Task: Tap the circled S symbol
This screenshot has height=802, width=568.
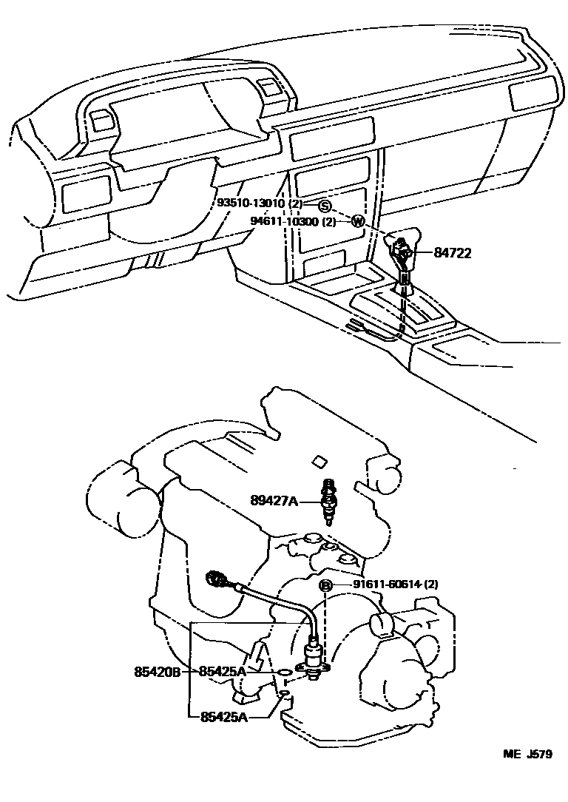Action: pos(324,205)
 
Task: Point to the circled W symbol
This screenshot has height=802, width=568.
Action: pos(357,221)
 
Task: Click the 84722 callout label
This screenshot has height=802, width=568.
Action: pos(452,253)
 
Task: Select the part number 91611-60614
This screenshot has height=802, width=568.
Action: pos(384,584)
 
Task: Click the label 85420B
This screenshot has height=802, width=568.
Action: pos(158,672)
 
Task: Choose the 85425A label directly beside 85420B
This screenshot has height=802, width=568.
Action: pos(222,672)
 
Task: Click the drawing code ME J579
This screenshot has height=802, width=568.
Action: pos(527,755)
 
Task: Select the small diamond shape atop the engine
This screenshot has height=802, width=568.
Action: pos(320,462)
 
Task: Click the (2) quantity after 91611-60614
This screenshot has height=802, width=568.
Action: pos(430,584)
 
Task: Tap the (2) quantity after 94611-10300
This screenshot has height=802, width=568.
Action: pos(329,221)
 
